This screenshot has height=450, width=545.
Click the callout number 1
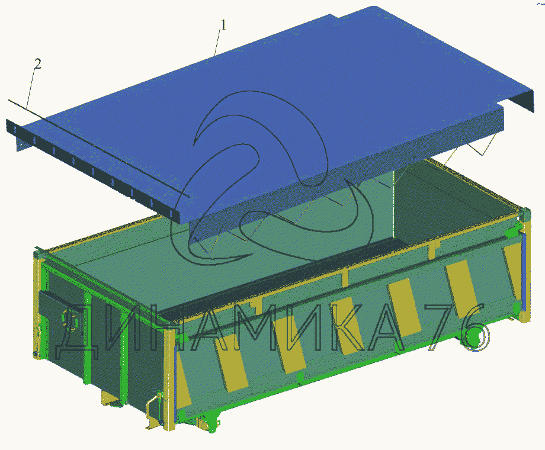(223, 25)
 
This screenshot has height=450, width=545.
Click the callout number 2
(37, 63)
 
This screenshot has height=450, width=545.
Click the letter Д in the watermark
(77, 333)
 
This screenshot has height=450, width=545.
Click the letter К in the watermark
(349, 329)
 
